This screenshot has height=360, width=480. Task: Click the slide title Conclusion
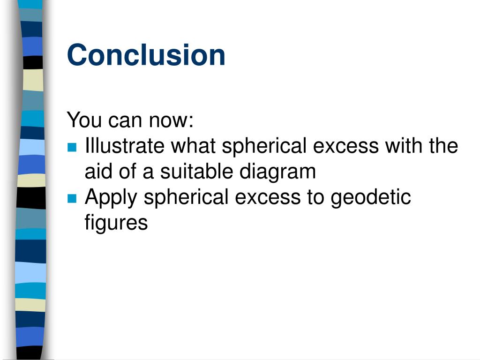click(x=146, y=55)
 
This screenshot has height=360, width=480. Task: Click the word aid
click(x=99, y=172)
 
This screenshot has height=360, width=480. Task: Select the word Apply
click(x=111, y=198)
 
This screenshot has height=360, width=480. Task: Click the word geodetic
click(x=371, y=197)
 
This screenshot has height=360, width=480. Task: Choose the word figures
click(x=116, y=223)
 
